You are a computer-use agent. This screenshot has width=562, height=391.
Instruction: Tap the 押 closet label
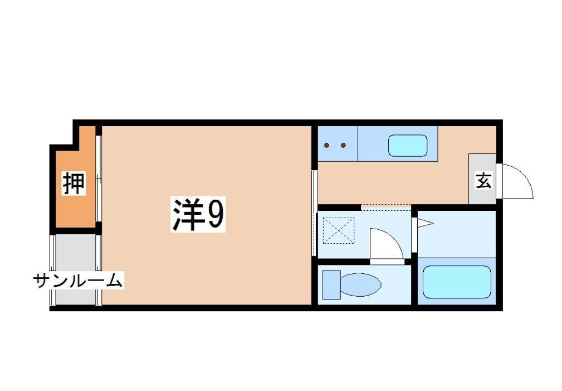[x=74, y=184]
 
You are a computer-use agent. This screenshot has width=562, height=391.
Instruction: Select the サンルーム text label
[x=78, y=280]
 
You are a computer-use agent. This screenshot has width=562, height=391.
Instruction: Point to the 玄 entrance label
[x=483, y=181]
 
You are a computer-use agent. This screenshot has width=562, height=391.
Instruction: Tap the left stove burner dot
[x=328, y=145]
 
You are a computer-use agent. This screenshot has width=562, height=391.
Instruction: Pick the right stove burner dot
[x=343, y=145]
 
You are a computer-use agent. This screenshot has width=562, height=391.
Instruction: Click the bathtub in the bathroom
[x=456, y=282]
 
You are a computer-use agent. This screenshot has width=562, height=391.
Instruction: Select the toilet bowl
[x=360, y=284]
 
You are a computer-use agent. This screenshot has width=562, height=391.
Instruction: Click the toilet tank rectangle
[x=331, y=284]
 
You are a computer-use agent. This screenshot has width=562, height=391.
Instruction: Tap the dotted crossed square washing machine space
[x=339, y=230]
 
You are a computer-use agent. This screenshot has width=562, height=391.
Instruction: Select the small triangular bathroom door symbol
[x=424, y=224]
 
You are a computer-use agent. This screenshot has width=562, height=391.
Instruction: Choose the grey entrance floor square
[x=482, y=178]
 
